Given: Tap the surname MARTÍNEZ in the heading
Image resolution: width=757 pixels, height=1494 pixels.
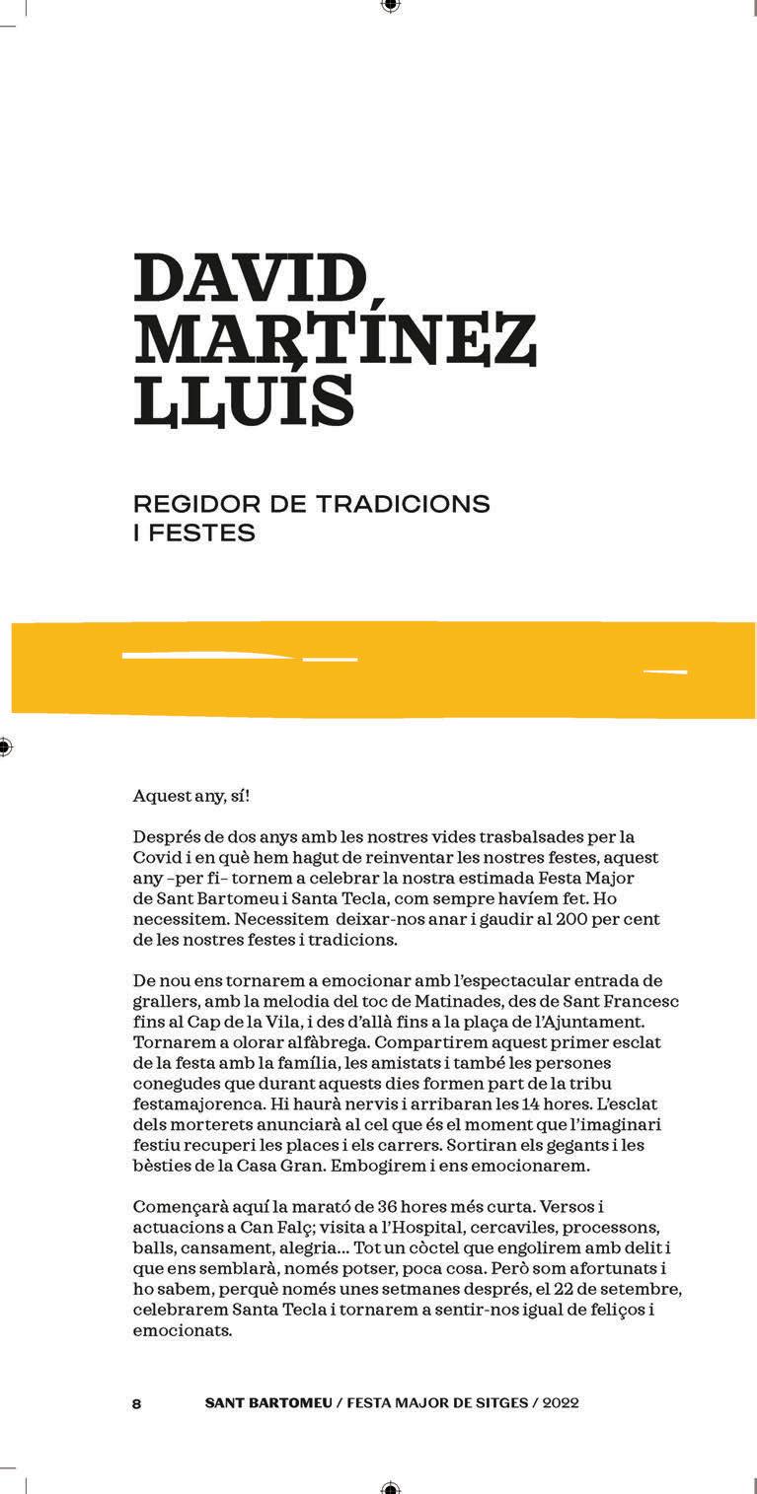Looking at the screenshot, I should coord(335,340).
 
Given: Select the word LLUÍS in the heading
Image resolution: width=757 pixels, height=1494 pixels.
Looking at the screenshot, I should coord(243,400).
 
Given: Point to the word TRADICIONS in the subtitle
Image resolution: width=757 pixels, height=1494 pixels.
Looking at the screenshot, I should coord(403,504).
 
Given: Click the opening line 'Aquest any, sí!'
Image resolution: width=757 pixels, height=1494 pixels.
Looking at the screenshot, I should coord(185,796).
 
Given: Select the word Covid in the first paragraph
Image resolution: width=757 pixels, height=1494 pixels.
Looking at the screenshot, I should coord(153,858).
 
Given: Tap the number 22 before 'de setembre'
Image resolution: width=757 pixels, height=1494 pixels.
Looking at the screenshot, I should coord(560,1289).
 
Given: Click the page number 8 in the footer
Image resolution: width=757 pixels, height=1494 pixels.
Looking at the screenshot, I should coord(136,1404).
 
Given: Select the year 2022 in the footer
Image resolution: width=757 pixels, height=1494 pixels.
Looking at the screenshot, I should coord(561,1403).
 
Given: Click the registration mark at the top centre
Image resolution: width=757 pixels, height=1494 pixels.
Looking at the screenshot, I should coord(390,6).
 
